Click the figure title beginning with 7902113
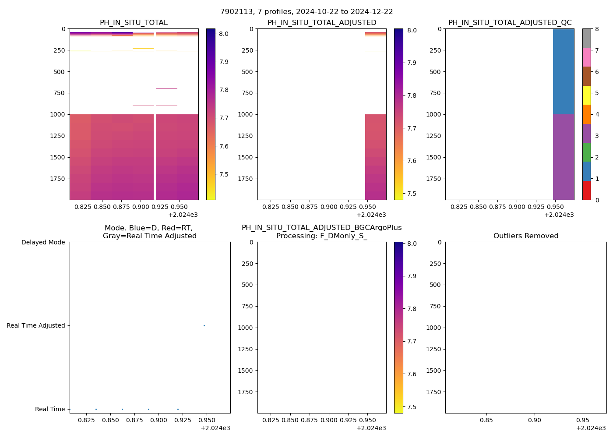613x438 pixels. (306, 12)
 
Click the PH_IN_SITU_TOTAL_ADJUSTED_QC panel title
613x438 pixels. (510, 23)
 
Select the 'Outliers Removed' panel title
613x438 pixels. (525, 236)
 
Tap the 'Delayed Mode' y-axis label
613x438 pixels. (43, 242)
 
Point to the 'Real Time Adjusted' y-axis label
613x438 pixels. (35, 325)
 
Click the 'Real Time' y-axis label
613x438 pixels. (50, 409)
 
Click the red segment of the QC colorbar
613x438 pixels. (586, 191)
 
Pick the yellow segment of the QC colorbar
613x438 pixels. (586, 95)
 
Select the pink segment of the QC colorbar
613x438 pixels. (586, 57)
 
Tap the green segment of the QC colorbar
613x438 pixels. (586, 152)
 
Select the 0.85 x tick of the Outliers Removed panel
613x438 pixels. (486, 420)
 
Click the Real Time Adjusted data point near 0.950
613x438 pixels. (204, 325)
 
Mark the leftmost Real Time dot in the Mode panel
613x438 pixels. (96, 409)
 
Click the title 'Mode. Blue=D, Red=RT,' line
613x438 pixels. (149, 228)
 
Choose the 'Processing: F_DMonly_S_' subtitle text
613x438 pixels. (321, 236)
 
